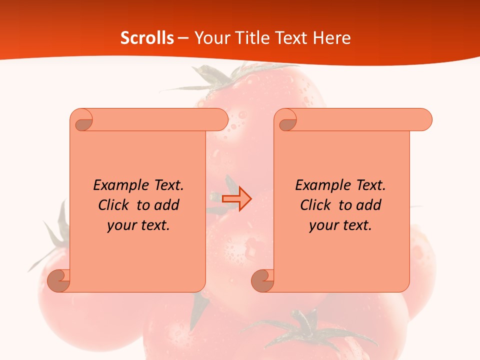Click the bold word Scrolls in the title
[x=147, y=38]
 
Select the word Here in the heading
[x=332, y=38]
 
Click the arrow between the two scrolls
[x=237, y=198]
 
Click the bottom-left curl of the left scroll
[x=58, y=280]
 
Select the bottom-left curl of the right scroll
[x=262, y=280]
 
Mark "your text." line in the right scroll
[x=340, y=225]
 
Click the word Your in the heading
[x=209, y=38]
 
